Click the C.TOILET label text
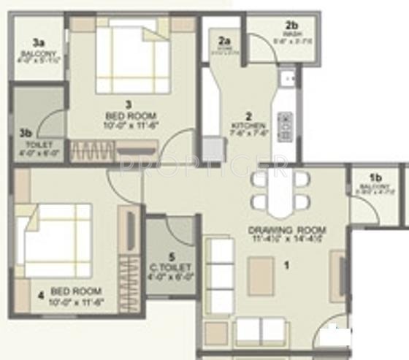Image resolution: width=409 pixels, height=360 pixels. [x=172, y=267]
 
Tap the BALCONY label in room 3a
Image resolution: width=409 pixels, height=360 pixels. [x=37, y=53]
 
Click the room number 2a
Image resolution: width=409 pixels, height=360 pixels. [x=225, y=41]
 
